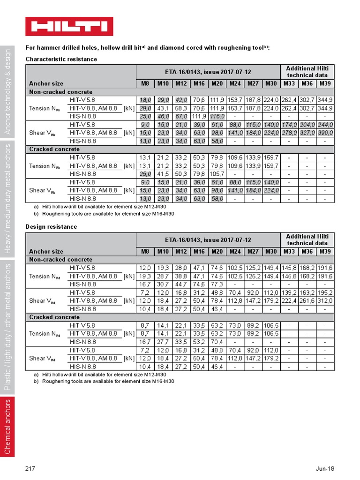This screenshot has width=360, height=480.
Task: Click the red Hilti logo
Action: click(x=69, y=26)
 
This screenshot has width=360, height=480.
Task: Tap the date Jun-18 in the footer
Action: click(x=325, y=468)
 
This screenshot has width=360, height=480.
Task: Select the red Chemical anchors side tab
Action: click(x=7, y=426)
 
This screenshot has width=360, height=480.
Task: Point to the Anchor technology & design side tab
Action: click(x=7, y=91)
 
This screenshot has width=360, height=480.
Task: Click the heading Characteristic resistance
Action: click(x=61, y=59)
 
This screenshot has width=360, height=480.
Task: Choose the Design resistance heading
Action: click(x=51, y=226)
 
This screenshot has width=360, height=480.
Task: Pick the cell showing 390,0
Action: click(x=325, y=133)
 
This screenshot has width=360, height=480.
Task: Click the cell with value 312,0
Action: click(x=325, y=300)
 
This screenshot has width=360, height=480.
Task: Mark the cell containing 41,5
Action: click(x=163, y=174)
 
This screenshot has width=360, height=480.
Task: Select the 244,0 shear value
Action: click(x=325, y=125)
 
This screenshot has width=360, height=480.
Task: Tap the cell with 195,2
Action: click(x=325, y=292)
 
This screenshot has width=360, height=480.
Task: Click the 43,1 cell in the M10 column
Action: click(x=163, y=108)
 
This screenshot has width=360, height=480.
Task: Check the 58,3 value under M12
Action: click(x=181, y=108)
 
